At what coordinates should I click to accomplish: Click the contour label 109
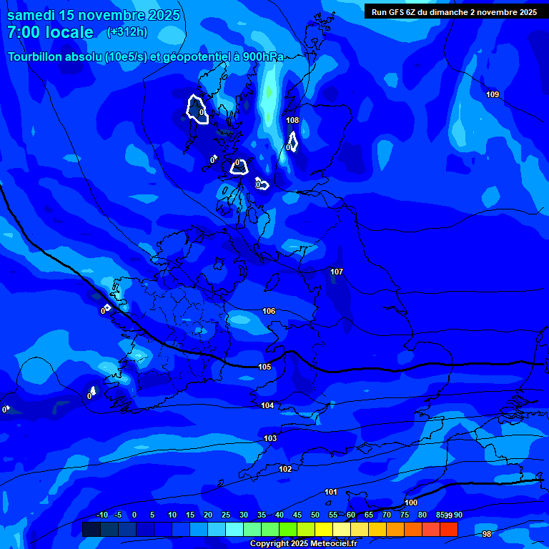(x=493, y=95)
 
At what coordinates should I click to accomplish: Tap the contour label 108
(x=292, y=121)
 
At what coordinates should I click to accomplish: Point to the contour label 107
(x=337, y=272)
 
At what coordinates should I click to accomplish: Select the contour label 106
(x=269, y=312)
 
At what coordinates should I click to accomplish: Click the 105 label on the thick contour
(x=264, y=367)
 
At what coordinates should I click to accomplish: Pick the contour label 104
(x=267, y=406)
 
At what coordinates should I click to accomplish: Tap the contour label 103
(x=270, y=439)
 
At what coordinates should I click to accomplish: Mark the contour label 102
(x=285, y=470)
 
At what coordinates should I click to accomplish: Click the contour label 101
(x=331, y=493)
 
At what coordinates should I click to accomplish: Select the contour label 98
(x=487, y=534)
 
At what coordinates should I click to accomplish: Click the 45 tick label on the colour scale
(x=297, y=515)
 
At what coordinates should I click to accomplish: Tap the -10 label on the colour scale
(x=102, y=515)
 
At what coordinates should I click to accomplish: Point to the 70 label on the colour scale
(x=387, y=515)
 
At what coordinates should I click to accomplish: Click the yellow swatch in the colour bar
(x=324, y=529)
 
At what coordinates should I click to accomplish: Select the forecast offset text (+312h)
(x=127, y=32)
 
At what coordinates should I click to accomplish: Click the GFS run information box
(x=454, y=12)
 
